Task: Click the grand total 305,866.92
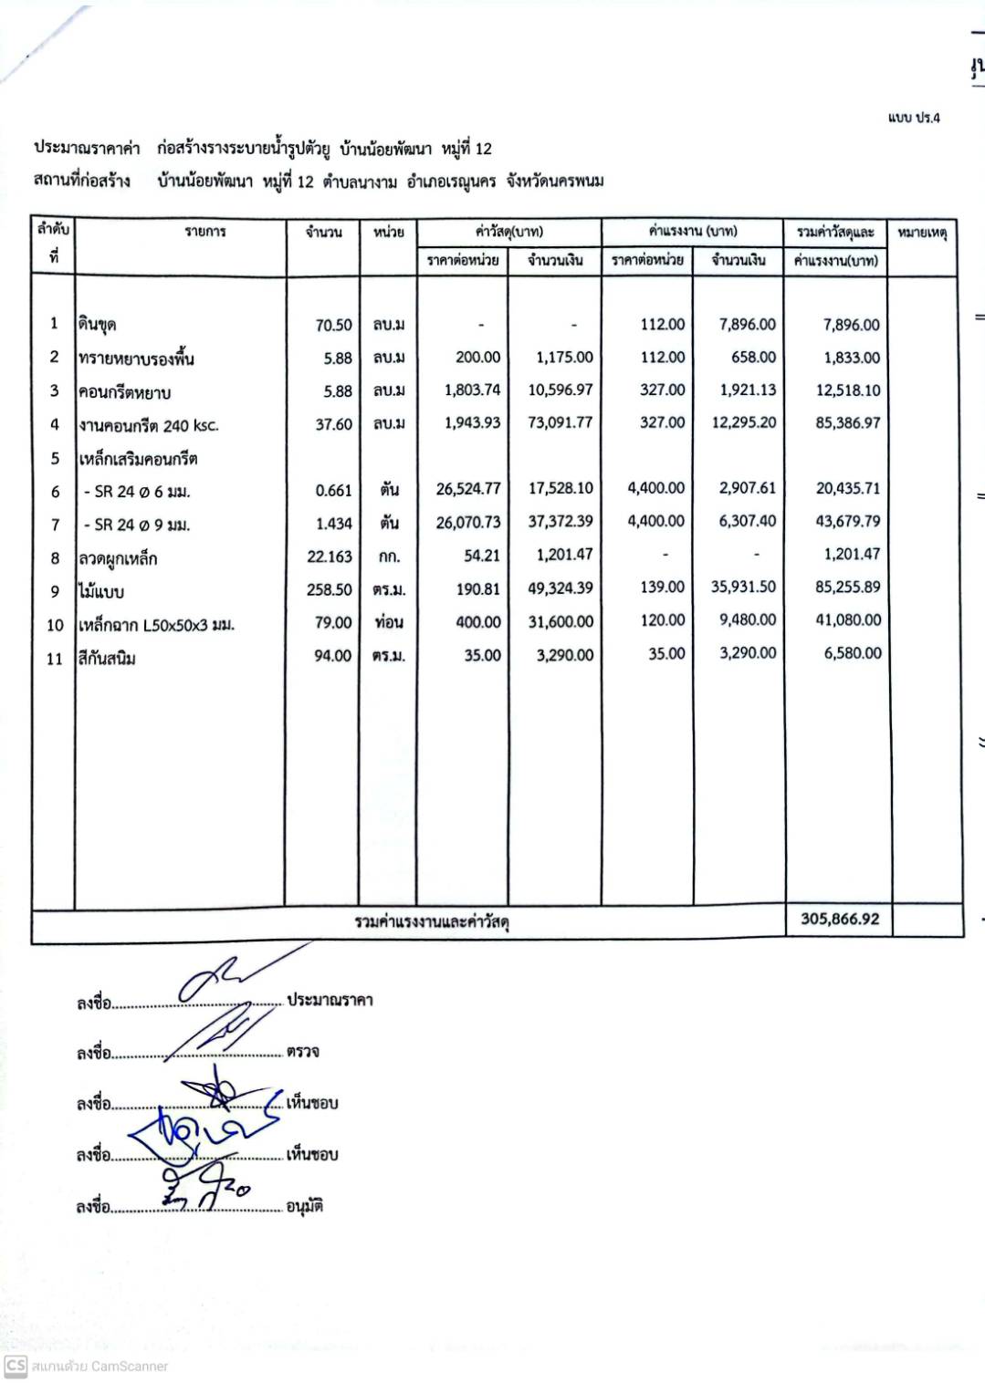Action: [x=840, y=919]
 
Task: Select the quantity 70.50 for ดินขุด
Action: [x=333, y=325]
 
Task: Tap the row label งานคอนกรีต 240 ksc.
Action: [x=148, y=425]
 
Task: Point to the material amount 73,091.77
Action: [x=560, y=422]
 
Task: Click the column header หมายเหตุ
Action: [x=922, y=233]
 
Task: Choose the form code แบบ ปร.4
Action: [x=913, y=118]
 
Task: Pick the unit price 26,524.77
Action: [x=467, y=489]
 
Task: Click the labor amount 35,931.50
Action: [x=743, y=588]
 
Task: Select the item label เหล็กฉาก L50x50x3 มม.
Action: [x=156, y=625]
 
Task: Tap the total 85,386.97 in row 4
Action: [x=847, y=423]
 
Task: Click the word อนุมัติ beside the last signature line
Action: [x=304, y=1206]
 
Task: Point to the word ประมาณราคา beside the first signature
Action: [x=330, y=1000]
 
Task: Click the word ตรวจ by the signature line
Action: [x=302, y=1051]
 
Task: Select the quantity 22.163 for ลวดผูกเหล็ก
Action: [x=329, y=556]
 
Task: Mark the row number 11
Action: [x=55, y=659]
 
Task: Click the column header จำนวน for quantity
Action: [x=323, y=233]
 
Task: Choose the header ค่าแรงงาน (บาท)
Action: [x=692, y=231]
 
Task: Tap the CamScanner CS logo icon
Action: [x=16, y=1366]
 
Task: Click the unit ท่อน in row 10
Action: [x=388, y=622]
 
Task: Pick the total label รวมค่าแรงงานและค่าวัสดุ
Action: [x=432, y=921]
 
